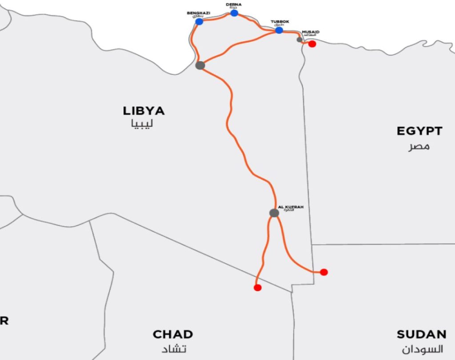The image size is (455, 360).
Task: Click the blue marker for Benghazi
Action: point(199,21)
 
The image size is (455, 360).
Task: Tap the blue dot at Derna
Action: point(234,13)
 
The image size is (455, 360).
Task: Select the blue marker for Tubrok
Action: point(279,30)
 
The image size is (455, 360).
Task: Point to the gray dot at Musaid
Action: point(299,40)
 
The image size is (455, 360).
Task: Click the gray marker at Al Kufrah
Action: point(274,213)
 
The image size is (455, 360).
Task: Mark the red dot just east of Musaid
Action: point(312,44)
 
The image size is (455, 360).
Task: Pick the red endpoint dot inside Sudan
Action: point(324,272)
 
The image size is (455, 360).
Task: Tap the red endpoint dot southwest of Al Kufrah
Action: point(257,288)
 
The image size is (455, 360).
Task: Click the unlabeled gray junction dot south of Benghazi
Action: point(200,65)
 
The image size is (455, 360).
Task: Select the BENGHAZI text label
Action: point(198,13)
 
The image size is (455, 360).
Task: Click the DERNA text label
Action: point(234,4)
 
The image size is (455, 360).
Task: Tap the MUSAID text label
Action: point(310,32)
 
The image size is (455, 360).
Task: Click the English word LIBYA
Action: point(144,111)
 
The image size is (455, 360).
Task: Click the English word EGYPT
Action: point(419,131)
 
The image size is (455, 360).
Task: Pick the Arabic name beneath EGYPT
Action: point(419,146)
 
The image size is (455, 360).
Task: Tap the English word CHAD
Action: point(173,334)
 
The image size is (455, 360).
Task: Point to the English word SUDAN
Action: point(421,334)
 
